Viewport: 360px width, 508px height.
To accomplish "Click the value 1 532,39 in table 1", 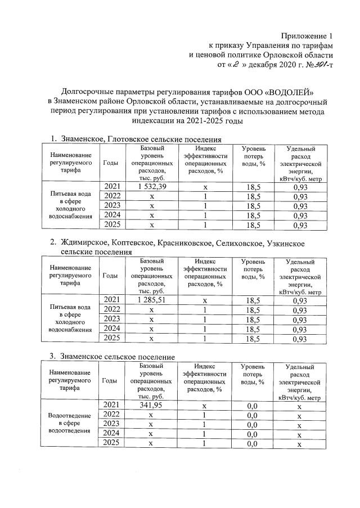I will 148,186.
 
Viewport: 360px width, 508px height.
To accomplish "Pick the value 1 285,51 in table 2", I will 148,300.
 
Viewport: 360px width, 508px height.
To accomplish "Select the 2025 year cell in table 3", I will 111,443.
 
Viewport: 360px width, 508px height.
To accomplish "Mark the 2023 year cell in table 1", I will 111,205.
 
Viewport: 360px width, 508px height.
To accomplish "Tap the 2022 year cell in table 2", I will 111,310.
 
